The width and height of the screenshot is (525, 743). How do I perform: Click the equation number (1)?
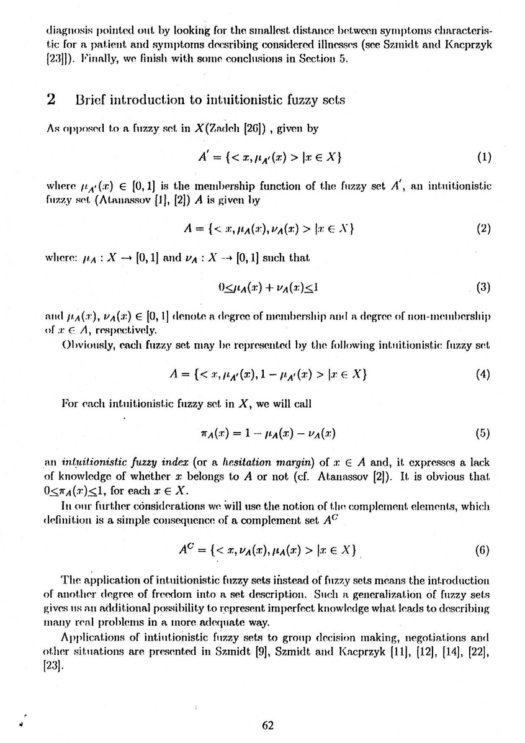[x=483, y=157]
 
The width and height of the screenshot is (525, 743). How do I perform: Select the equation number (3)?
[x=483, y=287]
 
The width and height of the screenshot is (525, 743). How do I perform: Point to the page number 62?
[x=267, y=725]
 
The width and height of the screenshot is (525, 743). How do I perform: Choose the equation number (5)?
[x=483, y=433]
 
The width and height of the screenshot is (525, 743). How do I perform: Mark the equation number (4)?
[x=483, y=374]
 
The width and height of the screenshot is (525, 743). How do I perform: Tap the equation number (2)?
[x=483, y=227]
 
